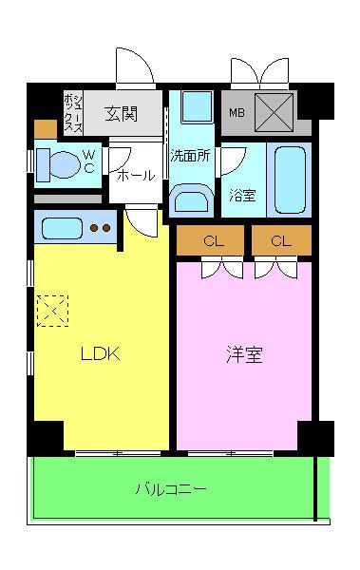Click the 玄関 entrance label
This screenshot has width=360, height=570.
click(x=121, y=115)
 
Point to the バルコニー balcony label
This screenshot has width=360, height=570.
click(x=171, y=490)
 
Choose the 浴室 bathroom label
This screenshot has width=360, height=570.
click(x=242, y=196)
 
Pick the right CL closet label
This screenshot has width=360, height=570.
click(x=280, y=241)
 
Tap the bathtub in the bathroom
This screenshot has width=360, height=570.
click(x=289, y=180)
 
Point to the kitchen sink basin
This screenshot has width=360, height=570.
click(x=63, y=228)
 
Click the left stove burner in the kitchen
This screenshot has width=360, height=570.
click(x=95, y=228)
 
